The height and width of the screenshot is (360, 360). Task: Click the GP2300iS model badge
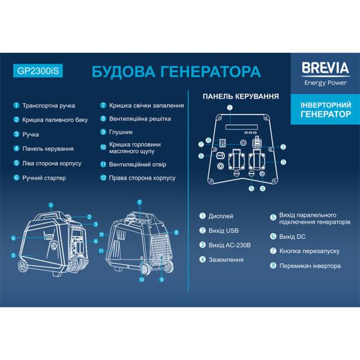click(37, 70)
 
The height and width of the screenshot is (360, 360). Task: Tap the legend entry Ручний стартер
click(43, 178)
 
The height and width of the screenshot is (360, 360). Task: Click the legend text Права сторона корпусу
click(142, 178)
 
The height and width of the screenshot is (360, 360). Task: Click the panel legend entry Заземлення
click(227, 260)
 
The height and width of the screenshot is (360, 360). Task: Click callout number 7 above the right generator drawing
click(139, 202)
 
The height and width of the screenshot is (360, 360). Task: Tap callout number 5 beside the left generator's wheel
click(14, 256)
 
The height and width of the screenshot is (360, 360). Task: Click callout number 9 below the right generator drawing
click(161, 280)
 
